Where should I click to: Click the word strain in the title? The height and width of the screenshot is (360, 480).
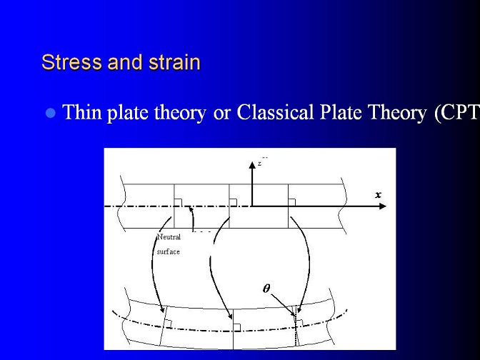click(174, 62)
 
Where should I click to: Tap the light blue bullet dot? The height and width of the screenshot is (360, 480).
click(51, 114)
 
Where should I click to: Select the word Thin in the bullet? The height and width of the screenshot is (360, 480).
click(81, 112)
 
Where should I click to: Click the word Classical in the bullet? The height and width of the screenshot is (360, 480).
click(275, 112)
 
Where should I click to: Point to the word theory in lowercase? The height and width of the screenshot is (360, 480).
click(180, 114)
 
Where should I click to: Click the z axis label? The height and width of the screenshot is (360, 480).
click(259, 164)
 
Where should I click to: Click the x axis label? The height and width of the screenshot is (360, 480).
click(379, 195)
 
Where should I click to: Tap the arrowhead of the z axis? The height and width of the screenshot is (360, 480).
click(252, 165)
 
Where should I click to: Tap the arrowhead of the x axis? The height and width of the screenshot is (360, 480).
click(383, 206)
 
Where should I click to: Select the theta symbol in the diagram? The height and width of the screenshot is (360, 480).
click(266, 289)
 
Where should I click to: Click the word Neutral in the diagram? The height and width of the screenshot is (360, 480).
click(169, 237)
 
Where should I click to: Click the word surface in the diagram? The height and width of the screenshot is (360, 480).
click(169, 252)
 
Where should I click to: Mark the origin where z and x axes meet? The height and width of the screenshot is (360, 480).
click(252, 206)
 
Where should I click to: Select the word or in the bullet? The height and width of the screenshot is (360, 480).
click(221, 114)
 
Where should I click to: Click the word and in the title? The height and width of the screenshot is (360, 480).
click(126, 62)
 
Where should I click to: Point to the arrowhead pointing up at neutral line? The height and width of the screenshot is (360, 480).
click(191, 210)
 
